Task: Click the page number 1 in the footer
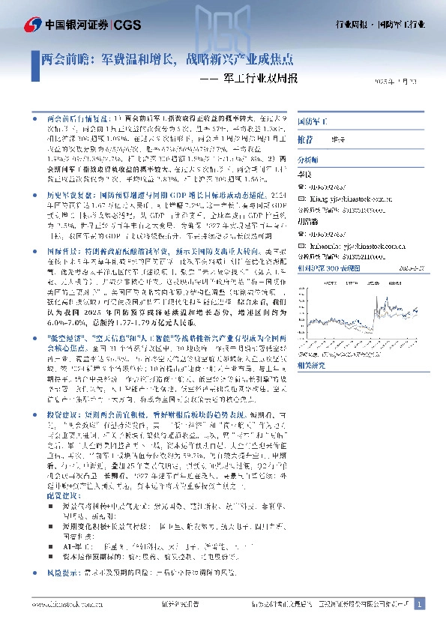(x=420, y=603)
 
